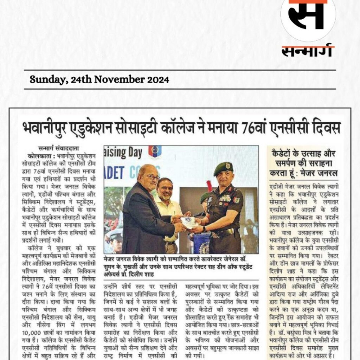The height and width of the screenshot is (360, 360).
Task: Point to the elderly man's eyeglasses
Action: click(x=152, y=177)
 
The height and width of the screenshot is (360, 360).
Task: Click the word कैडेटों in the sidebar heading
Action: click(x=283, y=154)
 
